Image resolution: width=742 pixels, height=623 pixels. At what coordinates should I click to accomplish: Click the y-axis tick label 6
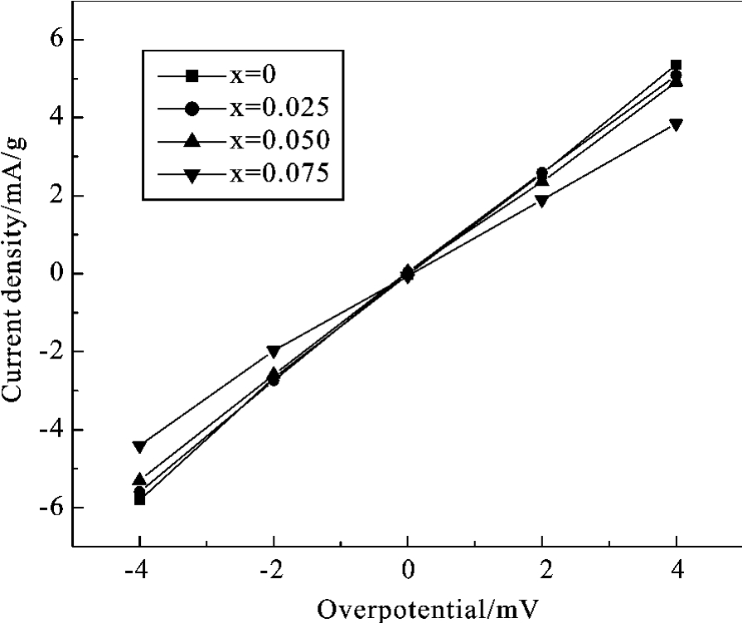54,40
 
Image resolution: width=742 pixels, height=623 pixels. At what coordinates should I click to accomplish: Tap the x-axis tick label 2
542,572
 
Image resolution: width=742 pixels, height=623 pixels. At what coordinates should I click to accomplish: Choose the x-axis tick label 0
407,572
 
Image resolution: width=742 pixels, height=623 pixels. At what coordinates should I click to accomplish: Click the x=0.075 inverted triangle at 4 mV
677,124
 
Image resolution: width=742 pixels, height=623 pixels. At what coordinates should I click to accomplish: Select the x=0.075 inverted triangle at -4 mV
139,447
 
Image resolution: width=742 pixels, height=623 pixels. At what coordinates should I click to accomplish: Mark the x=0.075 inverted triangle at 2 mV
542,200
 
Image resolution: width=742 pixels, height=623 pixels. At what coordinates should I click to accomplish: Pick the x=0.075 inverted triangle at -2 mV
274,352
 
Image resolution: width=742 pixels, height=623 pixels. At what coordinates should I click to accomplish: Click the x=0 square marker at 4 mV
677,65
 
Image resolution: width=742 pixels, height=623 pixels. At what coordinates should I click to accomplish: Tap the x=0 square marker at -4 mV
139,499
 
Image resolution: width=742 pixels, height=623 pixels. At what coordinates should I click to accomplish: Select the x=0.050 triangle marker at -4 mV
139,479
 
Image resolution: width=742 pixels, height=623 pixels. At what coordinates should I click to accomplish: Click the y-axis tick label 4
54,118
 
